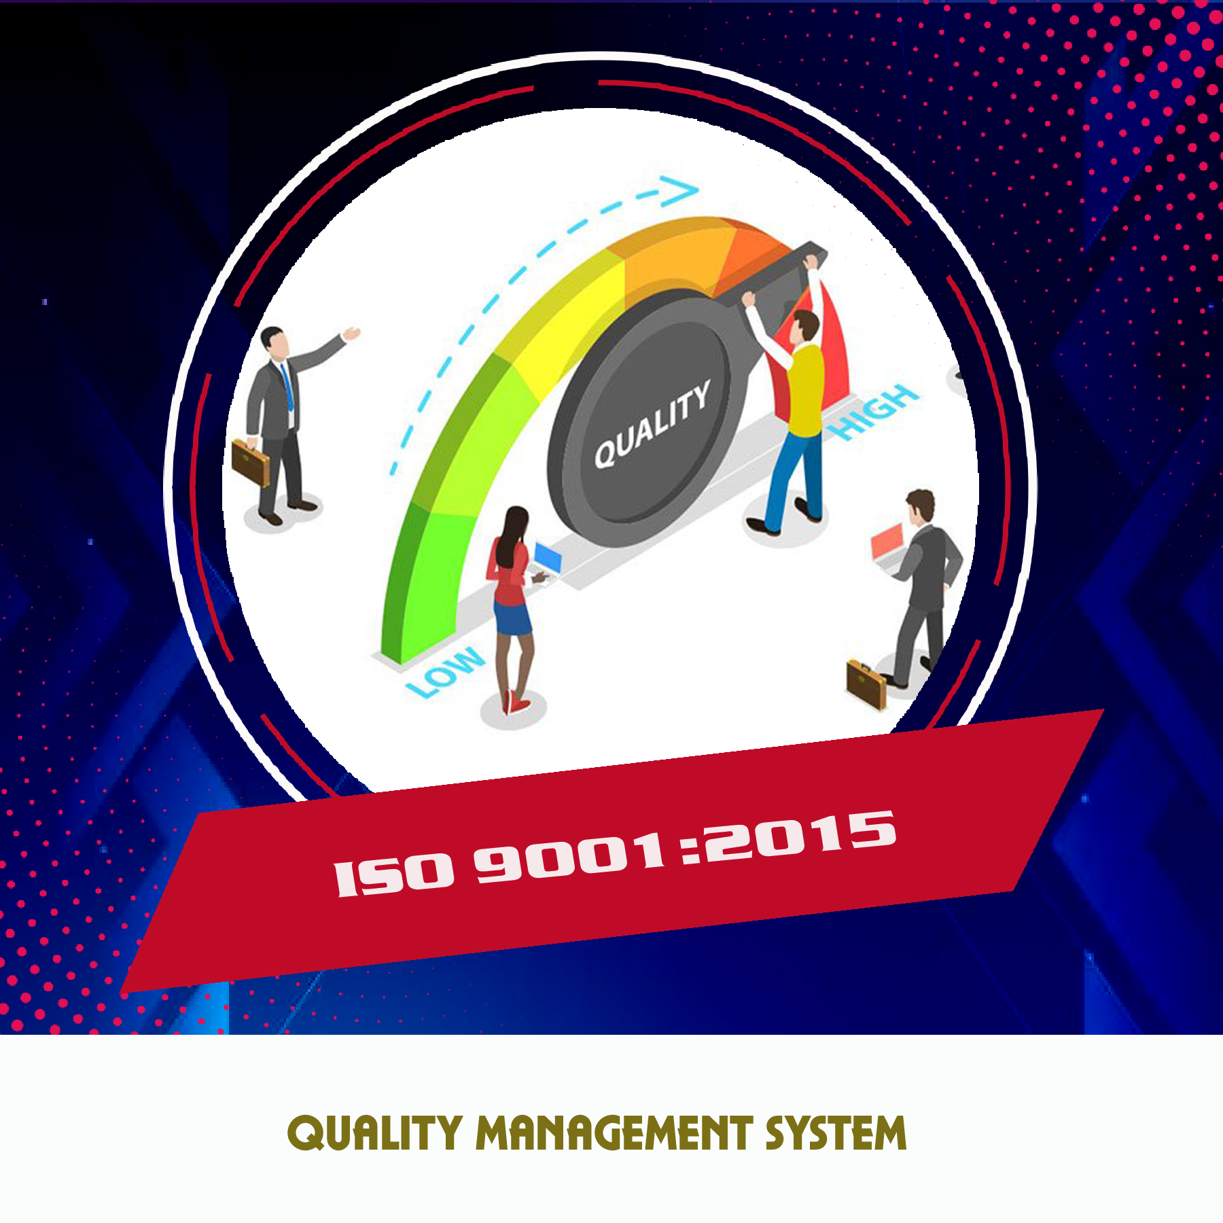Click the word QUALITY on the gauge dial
coord(652,424)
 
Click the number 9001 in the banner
coord(571,857)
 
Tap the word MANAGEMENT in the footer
coord(614,1134)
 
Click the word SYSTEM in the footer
coord(836,1134)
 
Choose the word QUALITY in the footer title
coord(375,1134)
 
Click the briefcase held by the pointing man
coord(250,462)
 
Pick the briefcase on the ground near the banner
coord(867,684)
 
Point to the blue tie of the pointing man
coord(288,387)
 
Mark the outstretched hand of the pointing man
coord(352,333)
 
